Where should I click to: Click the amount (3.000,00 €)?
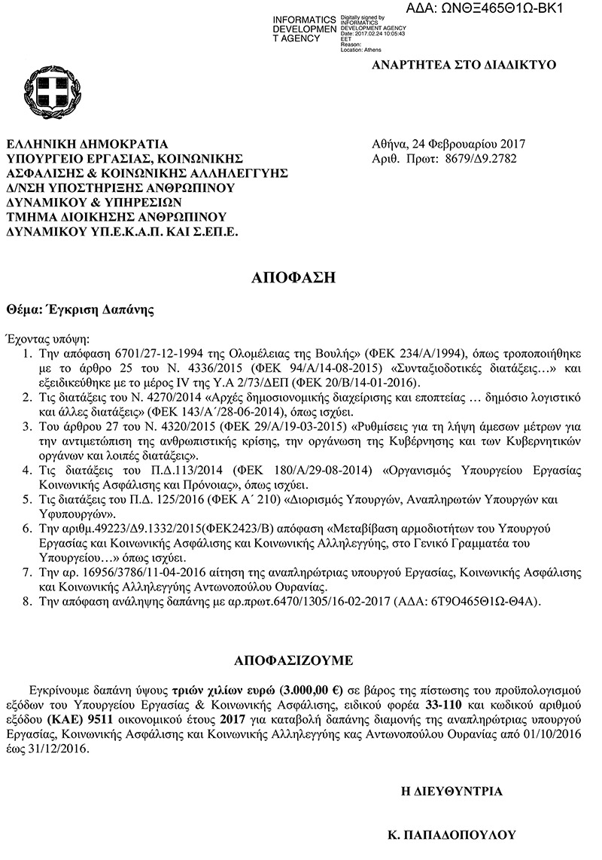[x=311, y=689]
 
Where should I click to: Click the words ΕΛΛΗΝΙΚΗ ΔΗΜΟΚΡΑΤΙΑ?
[x=87, y=144]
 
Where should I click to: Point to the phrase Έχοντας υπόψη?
[x=47, y=337]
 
